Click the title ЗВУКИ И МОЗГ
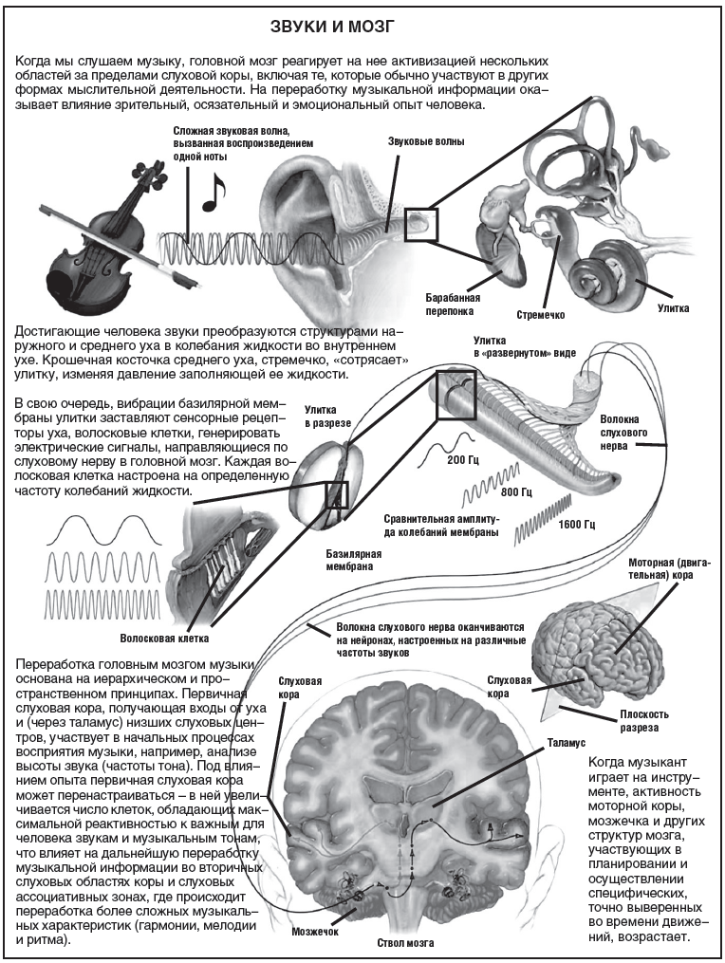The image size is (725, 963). coord(362,23)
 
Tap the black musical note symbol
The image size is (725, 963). coord(214,194)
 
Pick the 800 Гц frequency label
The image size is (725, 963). coord(516,492)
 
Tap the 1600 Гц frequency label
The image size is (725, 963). coord(576,524)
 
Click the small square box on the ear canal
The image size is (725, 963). coord(418,225)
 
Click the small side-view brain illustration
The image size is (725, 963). coord(599,646)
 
